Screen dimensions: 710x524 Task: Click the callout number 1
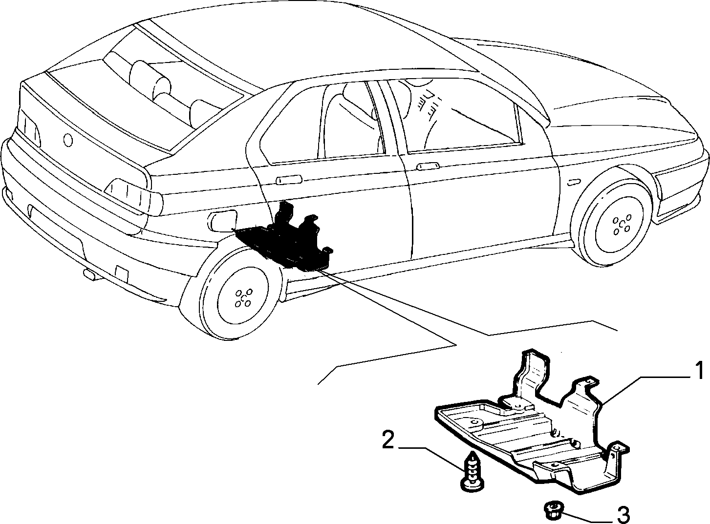tap(698, 371)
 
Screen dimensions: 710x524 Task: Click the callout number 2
tap(388, 440)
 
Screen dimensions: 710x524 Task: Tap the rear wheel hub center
tap(244, 299)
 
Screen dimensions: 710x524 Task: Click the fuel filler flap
tap(223, 221)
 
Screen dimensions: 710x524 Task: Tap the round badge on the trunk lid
tap(68, 140)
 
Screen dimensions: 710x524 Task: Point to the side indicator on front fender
tap(574, 182)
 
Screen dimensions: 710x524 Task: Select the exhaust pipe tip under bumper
tap(91, 274)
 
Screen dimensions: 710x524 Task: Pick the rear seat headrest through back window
tap(151, 80)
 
